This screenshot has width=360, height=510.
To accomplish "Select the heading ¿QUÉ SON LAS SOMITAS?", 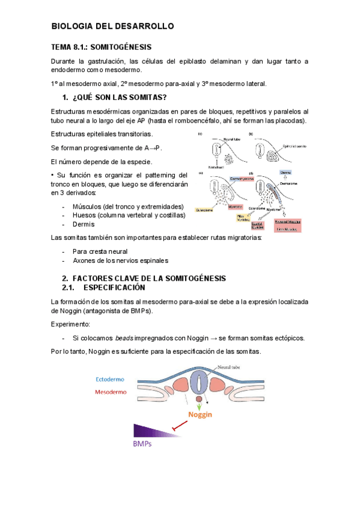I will pyautogui.click(x=119, y=97).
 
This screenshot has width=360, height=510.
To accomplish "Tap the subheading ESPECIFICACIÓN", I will pyautogui.click(x=115, y=287).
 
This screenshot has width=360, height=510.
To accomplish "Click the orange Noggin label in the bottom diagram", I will pyautogui.click(x=201, y=415).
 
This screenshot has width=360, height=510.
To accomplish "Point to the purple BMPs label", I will pyautogui.click(x=142, y=444).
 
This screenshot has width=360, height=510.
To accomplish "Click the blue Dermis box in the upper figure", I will pyautogui.click(x=285, y=172).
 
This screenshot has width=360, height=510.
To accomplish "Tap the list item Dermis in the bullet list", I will pyautogui.click(x=84, y=224).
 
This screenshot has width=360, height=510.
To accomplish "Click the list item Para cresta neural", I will pyautogui.click(x=100, y=251).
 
